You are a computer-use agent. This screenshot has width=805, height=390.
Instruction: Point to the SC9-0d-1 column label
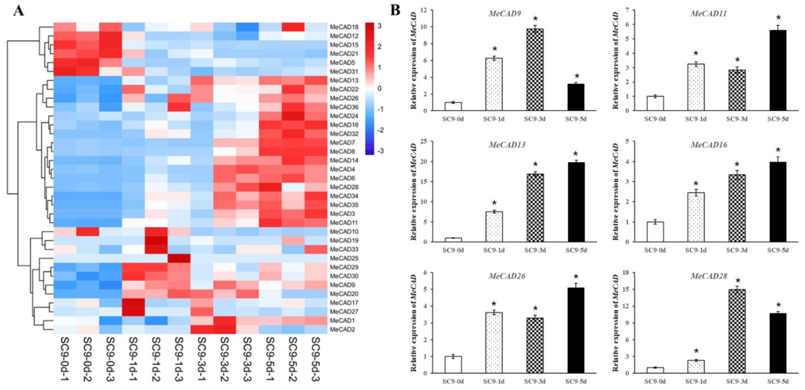tap(65, 359)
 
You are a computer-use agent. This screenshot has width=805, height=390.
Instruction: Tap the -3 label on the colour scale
tap(380, 151)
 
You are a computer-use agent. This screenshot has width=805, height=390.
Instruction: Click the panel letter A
tap(18, 12)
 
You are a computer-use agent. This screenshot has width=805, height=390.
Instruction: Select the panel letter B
tap(395, 11)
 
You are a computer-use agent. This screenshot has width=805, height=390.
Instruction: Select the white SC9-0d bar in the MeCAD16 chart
tap(655, 231)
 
